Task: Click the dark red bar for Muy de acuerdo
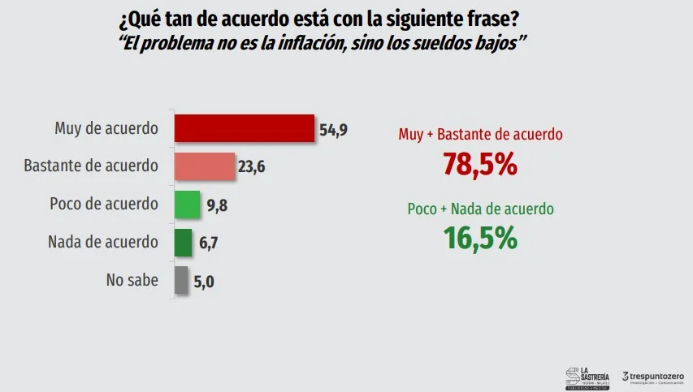pos(245,128)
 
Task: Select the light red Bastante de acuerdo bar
pos(205,166)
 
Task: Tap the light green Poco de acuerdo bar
pos(187,205)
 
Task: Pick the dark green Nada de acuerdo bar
pos(183,242)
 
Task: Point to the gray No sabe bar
pos(181,281)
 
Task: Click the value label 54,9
pos(333,129)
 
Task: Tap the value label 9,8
pos(216,205)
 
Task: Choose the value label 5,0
pos(205,282)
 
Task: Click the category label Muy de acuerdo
pos(106,128)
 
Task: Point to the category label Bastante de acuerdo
pos(90,166)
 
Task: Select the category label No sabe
pos(132,281)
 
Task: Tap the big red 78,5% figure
pos(480,164)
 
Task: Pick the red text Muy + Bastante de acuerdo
pos(481,135)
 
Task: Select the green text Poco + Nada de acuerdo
pos(480,209)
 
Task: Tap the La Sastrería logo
pos(587,377)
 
